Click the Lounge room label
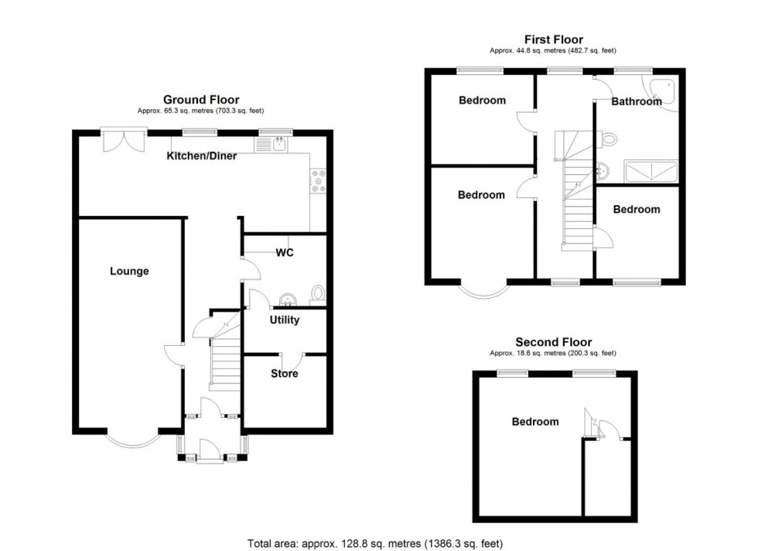pos(129,272)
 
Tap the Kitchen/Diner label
pos(202,156)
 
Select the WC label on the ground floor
pos(284,253)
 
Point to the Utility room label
pos(284,320)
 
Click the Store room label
pos(284,374)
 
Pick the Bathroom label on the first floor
pos(636,101)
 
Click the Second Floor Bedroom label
pos(534,422)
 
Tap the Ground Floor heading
pos(201,100)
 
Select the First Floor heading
pos(553,40)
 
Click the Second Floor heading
pos(553,342)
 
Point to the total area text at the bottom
pos(379,543)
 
